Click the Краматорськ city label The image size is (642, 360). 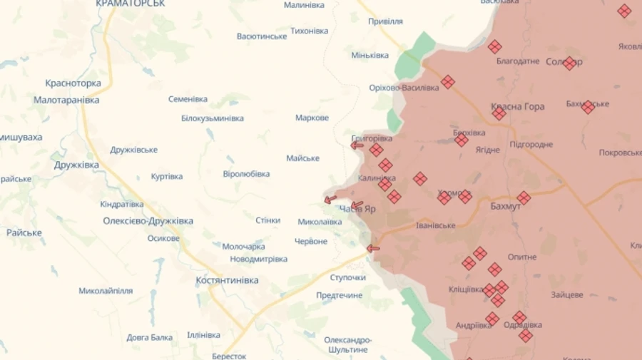pos(130,4)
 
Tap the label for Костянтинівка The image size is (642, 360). pos(227,280)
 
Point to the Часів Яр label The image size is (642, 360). pos(357,209)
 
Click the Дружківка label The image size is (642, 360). pos(76,165)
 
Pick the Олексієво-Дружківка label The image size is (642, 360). pos(148,221)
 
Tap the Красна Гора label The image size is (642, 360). pos(517,107)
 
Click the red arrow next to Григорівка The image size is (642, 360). pos(357,145)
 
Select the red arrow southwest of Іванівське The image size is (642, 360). pos(372,249)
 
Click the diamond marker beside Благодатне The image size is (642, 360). pos(494,47)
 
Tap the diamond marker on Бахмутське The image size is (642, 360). pos(588,108)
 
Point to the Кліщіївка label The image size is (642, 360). pos(466,289)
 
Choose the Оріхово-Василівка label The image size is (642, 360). pos(404,88)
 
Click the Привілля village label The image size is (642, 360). pos(385,21)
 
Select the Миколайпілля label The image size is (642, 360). pos(106,291)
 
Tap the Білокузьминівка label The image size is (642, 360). pos(212,118)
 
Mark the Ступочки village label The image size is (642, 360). pos(348,277)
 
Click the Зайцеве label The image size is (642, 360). pos(566,294)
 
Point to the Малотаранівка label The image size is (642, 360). pos(66,101)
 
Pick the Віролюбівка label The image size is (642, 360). pos(246,174)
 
